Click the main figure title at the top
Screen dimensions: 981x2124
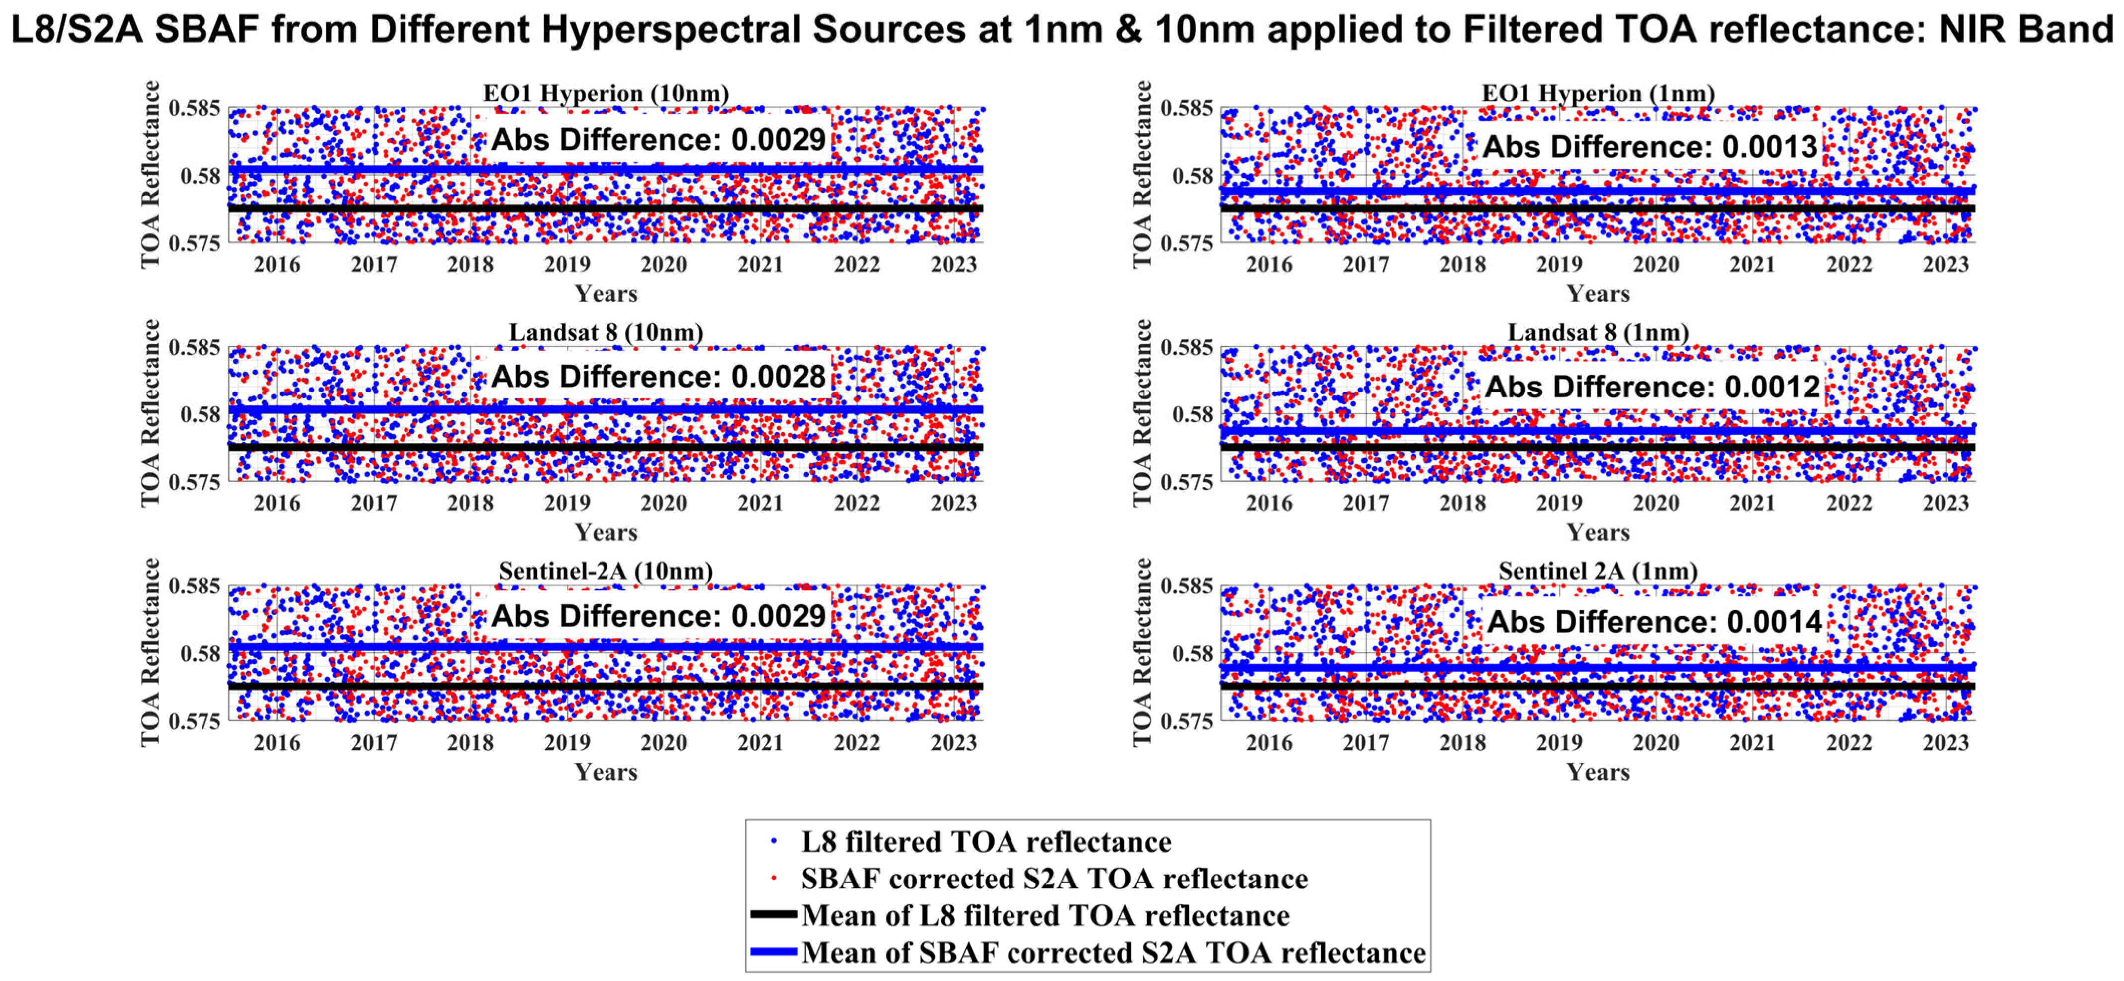pos(1062,30)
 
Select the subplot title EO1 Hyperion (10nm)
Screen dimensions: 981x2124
pos(606,93)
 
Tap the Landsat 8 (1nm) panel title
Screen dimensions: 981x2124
pos(1598,332)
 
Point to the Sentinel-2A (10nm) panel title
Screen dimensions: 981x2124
pos(606,571)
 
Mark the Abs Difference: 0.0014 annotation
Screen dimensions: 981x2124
pos(1654,621)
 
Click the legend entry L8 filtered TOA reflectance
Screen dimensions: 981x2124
pos(985,842)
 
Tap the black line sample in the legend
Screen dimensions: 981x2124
pos(773,915)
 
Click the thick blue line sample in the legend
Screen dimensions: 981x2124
pos(773,952)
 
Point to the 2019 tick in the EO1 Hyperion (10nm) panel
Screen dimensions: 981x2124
pos(567,265)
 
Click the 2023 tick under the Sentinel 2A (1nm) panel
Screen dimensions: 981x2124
pos(1946,743)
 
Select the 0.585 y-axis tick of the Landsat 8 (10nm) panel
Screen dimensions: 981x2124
pos(195,347)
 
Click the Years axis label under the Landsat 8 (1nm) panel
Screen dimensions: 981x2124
pos(1598,533)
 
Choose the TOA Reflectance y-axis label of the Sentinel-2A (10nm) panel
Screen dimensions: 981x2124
pos(150,652)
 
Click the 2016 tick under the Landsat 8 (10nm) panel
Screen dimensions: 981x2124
pos(277,504)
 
